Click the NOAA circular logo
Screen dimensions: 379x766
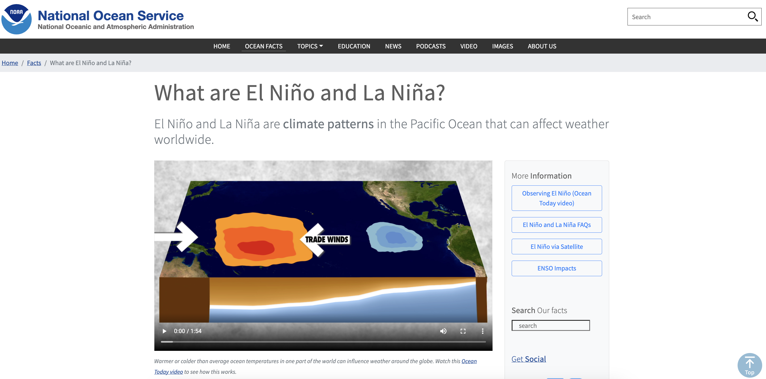pyautogui.click(x=16, y=19)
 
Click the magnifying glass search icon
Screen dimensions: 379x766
pyautogui.click(x=752, y=17)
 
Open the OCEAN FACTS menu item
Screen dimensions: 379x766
pyautogui.click(x=263, y=46)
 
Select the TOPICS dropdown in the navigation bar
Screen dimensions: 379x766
pyautogui.click(x=310, y=46)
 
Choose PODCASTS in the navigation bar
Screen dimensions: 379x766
pyautogui.click(x=431, y=46)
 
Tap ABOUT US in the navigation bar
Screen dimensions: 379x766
pyautogui.click(x=542, y=46)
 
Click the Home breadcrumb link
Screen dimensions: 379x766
pyautogui.click(x=10, y=63)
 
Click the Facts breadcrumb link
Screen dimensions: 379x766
pyautogui.click(x=34, y=63)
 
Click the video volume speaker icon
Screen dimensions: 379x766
pyautogui.click(x=443, y=331)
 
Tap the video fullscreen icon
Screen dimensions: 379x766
pyautogui.click(x=463, y=331)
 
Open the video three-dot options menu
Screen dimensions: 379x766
pyautogui.click(x=483, y=331)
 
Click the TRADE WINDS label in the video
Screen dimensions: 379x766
pyautogui.click(x=326, y=239)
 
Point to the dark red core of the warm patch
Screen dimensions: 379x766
pyautogui.click(x=256, y=247)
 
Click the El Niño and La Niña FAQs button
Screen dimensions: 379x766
pyautogui.click(x=557, y=225)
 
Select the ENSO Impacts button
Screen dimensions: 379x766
pyautogui.click(x=557, y=268)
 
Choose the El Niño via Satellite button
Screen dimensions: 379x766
pyautogui.click(x=557, y=246)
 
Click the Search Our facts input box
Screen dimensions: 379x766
pyautogui.click(x=551, y=325)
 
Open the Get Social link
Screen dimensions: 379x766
pyautogui.click(x=529, y=359)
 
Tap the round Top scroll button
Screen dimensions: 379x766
pyautogui.click(x=749, y=365)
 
